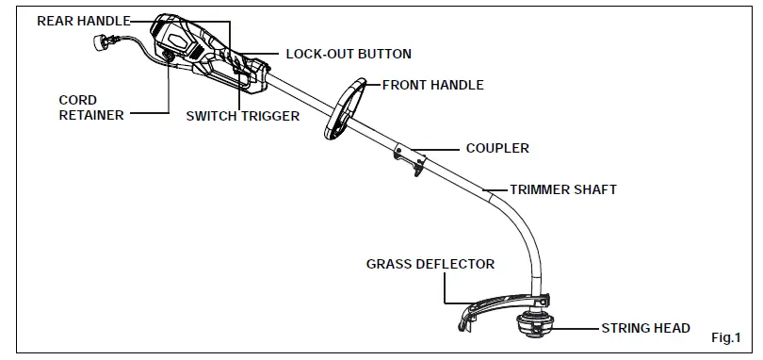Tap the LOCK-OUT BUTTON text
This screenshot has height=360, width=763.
348,55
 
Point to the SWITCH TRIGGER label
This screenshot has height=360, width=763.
242,117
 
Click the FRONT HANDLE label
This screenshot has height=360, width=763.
432,85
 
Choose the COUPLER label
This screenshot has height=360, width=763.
496,148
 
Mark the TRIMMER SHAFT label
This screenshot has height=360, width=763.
562,189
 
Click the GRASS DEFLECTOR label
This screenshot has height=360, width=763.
430,264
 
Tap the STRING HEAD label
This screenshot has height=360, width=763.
645,329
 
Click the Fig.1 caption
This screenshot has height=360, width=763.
726,337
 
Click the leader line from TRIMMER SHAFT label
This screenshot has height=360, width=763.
496,189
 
